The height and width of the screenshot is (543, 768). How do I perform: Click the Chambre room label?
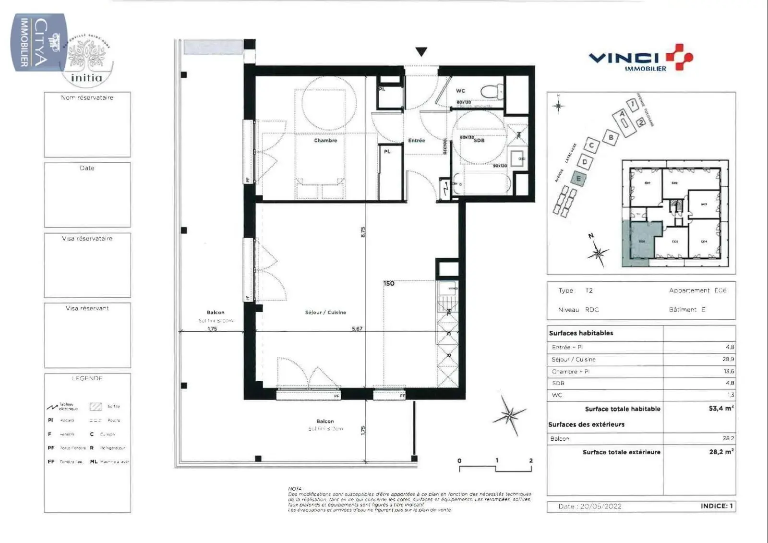(x=325, y=141)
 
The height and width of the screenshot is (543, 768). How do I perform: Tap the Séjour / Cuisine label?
(x=325, y=313)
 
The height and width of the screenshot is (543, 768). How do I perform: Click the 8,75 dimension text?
(x=363, y=232)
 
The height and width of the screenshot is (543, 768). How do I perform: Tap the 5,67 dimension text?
(x=357, y=329)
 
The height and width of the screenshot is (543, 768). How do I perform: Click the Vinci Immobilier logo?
(x=641, y=58)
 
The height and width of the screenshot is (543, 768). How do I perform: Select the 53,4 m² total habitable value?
(x=721, y=409)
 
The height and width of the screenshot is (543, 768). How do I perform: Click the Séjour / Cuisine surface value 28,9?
(x=728, y=359)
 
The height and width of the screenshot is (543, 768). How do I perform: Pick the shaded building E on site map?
(x=578, y=179)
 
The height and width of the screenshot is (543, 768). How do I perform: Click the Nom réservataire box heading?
(x=87, y=97)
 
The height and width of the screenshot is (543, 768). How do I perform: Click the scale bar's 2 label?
(x=531, y=460)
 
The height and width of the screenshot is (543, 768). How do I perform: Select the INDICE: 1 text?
(x=717, y=506)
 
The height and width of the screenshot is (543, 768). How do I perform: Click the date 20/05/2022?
(x=600, y=506)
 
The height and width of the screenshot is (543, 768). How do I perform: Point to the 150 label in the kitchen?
(x=389, y=283)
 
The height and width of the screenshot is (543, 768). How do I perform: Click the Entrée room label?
(x=417, y=141)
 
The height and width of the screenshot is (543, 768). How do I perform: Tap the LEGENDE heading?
(x=87, y=378)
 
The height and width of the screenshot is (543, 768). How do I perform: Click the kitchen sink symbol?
(x=447, y=288)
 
